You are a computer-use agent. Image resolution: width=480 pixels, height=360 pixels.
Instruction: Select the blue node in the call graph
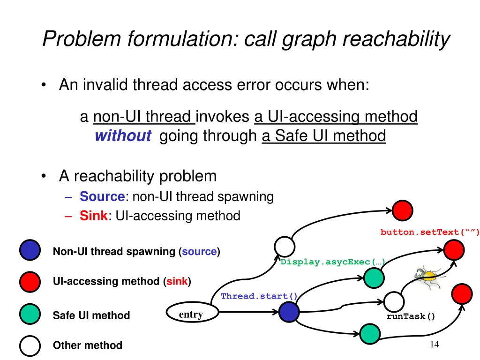tap(289, 312)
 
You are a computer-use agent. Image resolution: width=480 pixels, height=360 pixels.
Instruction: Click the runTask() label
tap(411, 316)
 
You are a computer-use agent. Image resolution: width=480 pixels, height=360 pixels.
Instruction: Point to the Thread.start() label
tap(259, 296)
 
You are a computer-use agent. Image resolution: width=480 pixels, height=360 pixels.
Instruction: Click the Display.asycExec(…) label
tap(332, 262)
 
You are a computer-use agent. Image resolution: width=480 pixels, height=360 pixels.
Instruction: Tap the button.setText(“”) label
tap(429, 232)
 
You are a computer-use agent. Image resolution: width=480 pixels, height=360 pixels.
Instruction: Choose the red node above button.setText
tap(403, 210)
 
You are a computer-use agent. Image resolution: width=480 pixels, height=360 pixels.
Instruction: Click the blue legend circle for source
tap(30, 250)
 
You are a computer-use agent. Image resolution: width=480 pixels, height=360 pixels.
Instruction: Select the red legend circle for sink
tap(30, 281)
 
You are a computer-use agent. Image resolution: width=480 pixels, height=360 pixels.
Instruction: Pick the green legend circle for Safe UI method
tap(30, 315)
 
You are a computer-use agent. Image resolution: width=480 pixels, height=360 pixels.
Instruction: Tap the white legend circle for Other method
tap(30, 346)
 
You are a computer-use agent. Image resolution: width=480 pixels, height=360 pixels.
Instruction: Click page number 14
tap(434, 345)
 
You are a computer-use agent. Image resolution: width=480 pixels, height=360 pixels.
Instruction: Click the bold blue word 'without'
tap(123, 136)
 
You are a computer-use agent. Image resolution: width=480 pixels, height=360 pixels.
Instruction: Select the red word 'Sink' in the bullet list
tap(93, 216)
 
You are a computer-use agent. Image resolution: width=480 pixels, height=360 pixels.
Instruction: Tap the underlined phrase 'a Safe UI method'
tap(323, 136)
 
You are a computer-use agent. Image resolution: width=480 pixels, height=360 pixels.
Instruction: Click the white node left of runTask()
tap(394, 301)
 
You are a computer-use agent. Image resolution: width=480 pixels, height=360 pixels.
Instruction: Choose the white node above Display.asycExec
tap(285, 247)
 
